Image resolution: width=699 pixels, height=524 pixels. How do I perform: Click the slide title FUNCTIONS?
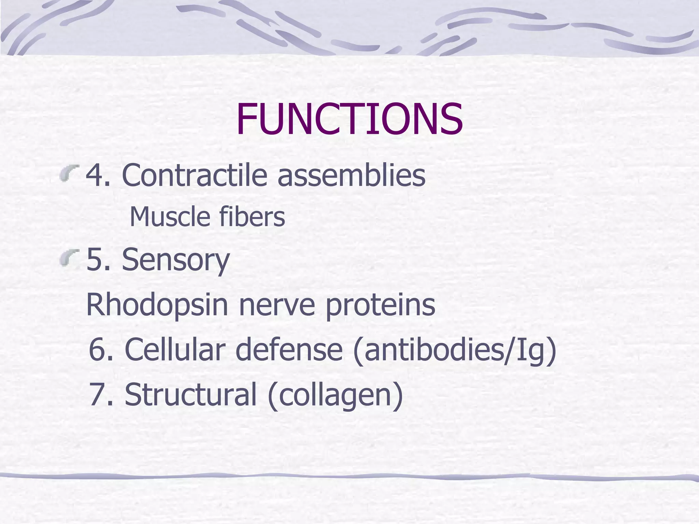point(349,119)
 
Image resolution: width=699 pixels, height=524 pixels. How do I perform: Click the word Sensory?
point(176,260)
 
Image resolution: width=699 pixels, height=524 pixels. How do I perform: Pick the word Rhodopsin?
point(157,305)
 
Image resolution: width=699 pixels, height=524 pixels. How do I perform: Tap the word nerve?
point(277,305)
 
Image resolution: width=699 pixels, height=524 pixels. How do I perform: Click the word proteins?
point(381,305)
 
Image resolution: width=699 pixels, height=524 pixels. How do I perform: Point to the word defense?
point(289,349)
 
